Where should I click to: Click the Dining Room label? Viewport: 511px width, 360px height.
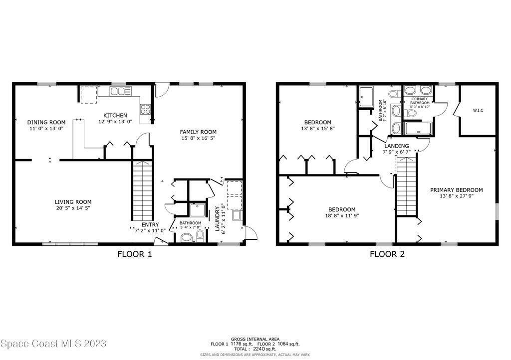[x=46, y=122]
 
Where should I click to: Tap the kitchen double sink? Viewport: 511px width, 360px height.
[x=118, y=91]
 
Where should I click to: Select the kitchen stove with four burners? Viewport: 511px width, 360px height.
[x=145, y=109]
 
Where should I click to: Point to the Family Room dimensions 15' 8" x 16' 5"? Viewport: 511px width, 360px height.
[x=198, y=138]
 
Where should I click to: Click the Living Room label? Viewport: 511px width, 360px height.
[x=73, y=202]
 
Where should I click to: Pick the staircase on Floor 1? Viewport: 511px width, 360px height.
[x=142, y=190]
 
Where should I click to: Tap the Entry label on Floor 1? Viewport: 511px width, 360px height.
[x=150, y=224]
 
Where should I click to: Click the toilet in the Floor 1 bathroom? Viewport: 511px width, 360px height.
[x=200, y=235]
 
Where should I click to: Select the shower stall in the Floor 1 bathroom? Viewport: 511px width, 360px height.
[x=198, y=210]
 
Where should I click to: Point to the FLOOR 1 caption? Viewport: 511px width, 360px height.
[x=135, y=254]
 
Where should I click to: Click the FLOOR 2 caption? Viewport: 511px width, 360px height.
[x=387, y=254]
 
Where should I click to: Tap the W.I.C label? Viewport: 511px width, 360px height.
[x=478, y=110]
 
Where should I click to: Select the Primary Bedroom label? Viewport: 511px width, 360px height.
[x=456, y=190]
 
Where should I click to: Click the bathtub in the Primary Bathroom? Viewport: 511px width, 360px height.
[x=419, y=129]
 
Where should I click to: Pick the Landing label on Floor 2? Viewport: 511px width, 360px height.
[x=396, y=146]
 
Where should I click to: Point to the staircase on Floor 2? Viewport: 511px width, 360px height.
[x=406, y=186]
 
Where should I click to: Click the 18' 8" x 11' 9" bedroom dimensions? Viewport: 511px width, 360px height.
[x=342, y=215]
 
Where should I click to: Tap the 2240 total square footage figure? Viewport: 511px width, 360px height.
[x=259, y=349]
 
